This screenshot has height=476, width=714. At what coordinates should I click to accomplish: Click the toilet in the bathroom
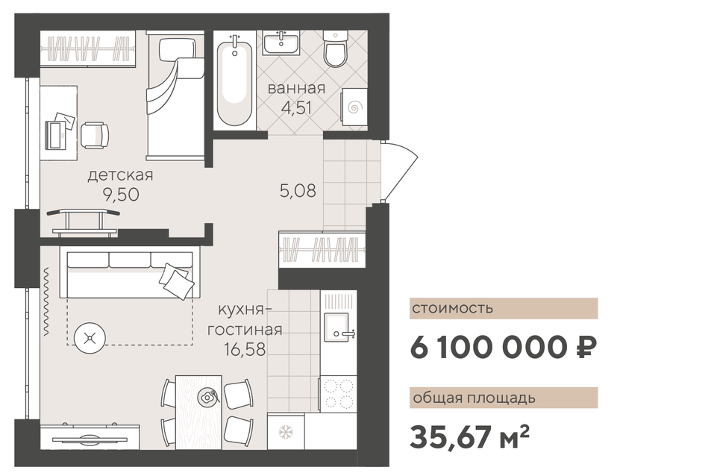click(x=336, y=48)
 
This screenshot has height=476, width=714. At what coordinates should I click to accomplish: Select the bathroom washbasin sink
click(x=281, y=43)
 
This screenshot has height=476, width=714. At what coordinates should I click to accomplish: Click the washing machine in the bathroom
click(x=354, y=107)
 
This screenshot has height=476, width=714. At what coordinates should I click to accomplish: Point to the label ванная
click(x=296, y=88)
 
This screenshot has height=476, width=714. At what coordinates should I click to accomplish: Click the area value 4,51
click(x=296, y=108)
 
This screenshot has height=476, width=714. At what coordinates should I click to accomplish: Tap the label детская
click(x=120, y=175)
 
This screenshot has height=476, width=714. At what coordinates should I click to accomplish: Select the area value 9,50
click(x=121, y=195)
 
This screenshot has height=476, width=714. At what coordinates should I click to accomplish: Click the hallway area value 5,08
click(x=298, y=191)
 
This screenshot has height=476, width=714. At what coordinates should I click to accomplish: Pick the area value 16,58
click(x=245, y=349)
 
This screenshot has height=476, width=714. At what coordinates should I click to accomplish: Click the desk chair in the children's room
click(x=95, y=134)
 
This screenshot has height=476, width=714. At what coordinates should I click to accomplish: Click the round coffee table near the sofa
click(x=90, y=338)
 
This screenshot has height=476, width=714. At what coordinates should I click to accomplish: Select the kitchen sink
click(x=338, y=327)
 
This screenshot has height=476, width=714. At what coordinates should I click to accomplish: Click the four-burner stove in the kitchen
click(x=338, y=394)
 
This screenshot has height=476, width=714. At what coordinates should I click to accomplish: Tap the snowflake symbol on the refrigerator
click(x=286, y=432)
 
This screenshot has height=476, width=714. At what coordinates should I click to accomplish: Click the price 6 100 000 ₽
click(x=504, y=348)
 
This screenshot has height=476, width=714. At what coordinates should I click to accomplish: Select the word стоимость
click(x=453, y=308)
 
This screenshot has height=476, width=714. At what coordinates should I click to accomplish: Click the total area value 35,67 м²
click(x=469, y=436)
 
